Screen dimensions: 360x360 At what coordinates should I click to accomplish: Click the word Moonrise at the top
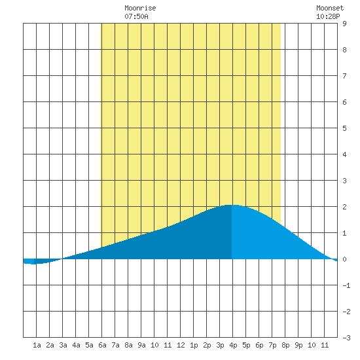coord(140,8)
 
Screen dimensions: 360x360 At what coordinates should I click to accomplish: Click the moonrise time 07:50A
coord(136,16)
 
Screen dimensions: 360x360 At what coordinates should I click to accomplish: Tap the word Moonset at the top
coord(330,8)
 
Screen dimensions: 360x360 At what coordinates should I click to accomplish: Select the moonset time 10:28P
coord(328,16)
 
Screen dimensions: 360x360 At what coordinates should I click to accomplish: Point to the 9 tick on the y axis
coord(344,24)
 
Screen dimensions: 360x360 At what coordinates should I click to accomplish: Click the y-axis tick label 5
coord(344,128)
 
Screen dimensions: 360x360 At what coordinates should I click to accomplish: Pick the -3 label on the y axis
coord(346,338)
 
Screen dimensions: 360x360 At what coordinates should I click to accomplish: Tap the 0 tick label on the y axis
coord(344,259)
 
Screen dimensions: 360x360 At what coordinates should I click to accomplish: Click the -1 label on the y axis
coord(346,285)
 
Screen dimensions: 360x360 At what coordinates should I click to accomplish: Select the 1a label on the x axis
coord(37,345)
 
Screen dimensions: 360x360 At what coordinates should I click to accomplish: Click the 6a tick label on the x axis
coord(102,345)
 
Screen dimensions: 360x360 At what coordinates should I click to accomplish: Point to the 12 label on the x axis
coord(181,345)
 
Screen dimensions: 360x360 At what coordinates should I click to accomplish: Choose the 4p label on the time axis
coord(233,345)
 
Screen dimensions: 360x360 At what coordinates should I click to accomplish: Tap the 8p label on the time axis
coord(285,345)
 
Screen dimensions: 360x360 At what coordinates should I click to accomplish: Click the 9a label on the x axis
coord(141,345)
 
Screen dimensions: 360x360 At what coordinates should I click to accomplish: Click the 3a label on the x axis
coord(63,345)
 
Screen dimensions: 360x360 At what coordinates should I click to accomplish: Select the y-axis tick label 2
coord(344,207)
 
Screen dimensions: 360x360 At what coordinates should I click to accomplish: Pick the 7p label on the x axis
coord(272,345)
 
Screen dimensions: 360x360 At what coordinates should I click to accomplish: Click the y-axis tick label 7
coord(344,76)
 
